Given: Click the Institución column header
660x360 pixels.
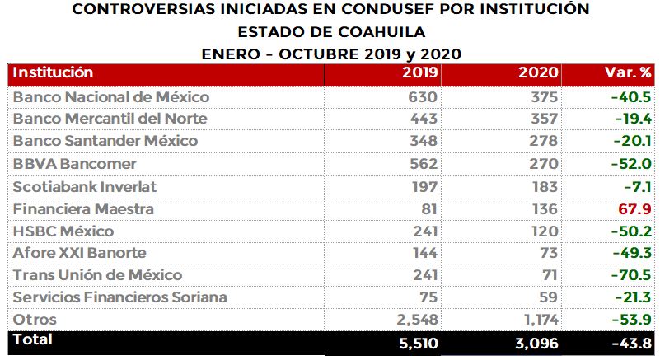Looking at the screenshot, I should (x=53, y=73).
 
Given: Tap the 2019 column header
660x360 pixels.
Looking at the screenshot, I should (x=420, y=73).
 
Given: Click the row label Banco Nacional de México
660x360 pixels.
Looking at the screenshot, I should (x=110, y=97).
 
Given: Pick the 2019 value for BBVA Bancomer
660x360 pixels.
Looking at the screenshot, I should (x=424, y=164).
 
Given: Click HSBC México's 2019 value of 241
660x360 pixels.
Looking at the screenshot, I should (x=424, y=231).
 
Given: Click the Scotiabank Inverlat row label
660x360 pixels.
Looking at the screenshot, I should (x=85, y=186).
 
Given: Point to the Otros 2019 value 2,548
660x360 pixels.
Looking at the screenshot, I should (x=417, y=320).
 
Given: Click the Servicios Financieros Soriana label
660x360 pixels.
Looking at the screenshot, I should (x=120, y=297).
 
